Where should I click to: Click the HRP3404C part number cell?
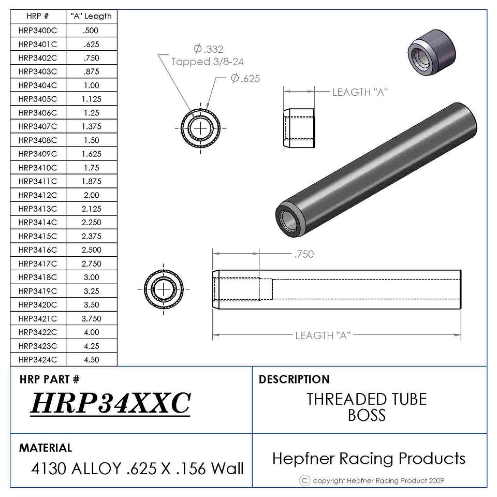[x=38, y=85]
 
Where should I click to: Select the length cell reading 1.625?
[x=92, y=154]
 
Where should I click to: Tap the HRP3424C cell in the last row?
[x=38, y=359]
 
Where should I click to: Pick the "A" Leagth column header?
[x=91, y=16]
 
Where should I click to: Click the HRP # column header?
[x=38, y=16]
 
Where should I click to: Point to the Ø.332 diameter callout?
[x=209, y=49]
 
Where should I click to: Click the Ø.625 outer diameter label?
[x=245, y=78]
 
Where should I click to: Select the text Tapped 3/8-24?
[x=207, y=62]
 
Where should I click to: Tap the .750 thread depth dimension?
[x=304, y=254]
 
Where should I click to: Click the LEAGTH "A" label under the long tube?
[x=323, y=335]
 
